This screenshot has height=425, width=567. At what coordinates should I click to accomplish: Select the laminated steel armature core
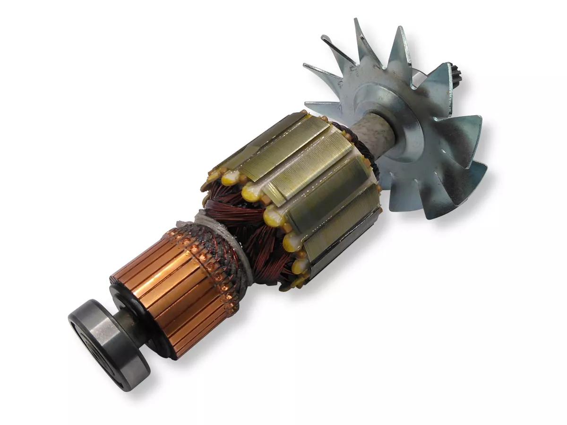click(x=302, y=184)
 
